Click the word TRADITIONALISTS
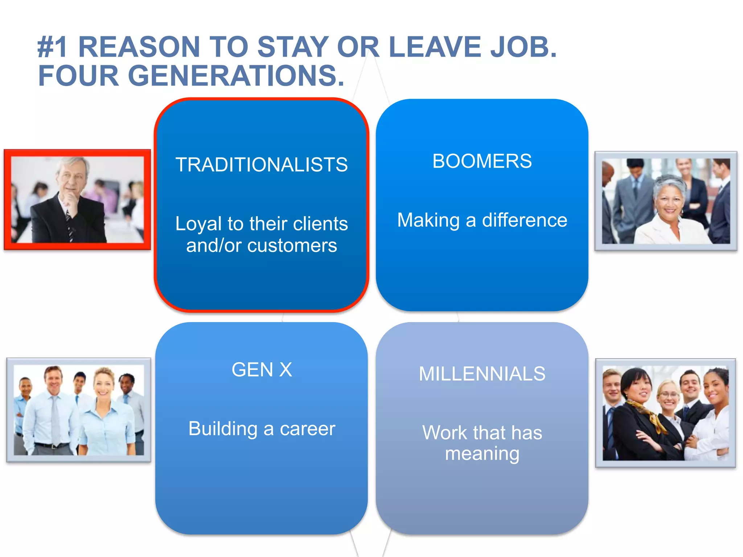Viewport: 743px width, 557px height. [261, 165]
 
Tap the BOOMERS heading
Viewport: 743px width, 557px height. [482, 161]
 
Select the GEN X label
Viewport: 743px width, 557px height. [262, 370]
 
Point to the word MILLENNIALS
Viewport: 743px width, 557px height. [482, 374]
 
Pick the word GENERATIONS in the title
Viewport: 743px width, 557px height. [236, 76]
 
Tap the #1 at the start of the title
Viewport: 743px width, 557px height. [53, 47]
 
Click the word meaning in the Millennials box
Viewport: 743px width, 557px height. [482, 454]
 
